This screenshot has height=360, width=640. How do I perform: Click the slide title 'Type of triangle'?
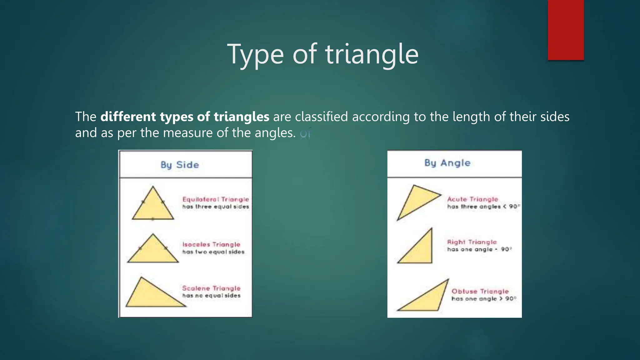pos(322,54)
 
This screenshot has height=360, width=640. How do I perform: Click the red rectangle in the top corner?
pos(566,30)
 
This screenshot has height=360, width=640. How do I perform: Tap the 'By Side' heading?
pos(180,165)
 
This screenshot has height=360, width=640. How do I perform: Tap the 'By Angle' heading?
pos(447,163)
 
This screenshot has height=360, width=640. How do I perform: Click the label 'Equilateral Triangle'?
pos(216,199)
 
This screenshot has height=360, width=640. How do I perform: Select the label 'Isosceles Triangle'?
pos(211,244)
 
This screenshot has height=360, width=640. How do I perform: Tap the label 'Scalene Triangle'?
pos(211,288)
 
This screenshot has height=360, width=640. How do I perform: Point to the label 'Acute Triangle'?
pos(472,199)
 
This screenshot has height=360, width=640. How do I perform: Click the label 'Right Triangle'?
pos(472,242)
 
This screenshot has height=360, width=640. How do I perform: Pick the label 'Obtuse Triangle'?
pos(480,291)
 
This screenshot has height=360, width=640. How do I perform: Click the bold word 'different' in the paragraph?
pos(128,117)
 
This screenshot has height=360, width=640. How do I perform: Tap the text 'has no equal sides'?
pos(211,296)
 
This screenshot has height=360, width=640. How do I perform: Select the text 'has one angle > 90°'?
pos(484,299)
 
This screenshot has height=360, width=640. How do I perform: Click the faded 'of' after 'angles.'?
pos(305,133)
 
